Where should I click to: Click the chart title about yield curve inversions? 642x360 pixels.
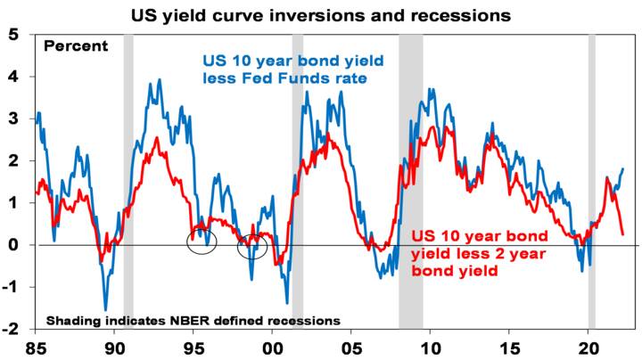[321, 15]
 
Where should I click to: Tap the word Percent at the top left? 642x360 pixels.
[76, 46]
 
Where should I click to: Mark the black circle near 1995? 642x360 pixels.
[202, 241]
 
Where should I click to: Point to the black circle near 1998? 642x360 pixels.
[252, 247]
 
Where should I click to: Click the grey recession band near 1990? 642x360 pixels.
[128, 178]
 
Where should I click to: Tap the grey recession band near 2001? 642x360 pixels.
[298, 178]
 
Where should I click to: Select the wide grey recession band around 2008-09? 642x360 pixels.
[410, 178]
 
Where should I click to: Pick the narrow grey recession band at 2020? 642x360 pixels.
[591, 178]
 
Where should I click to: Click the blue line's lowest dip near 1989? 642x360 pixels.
[106, 308]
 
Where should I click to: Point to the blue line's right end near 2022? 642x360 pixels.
[622, 168]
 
